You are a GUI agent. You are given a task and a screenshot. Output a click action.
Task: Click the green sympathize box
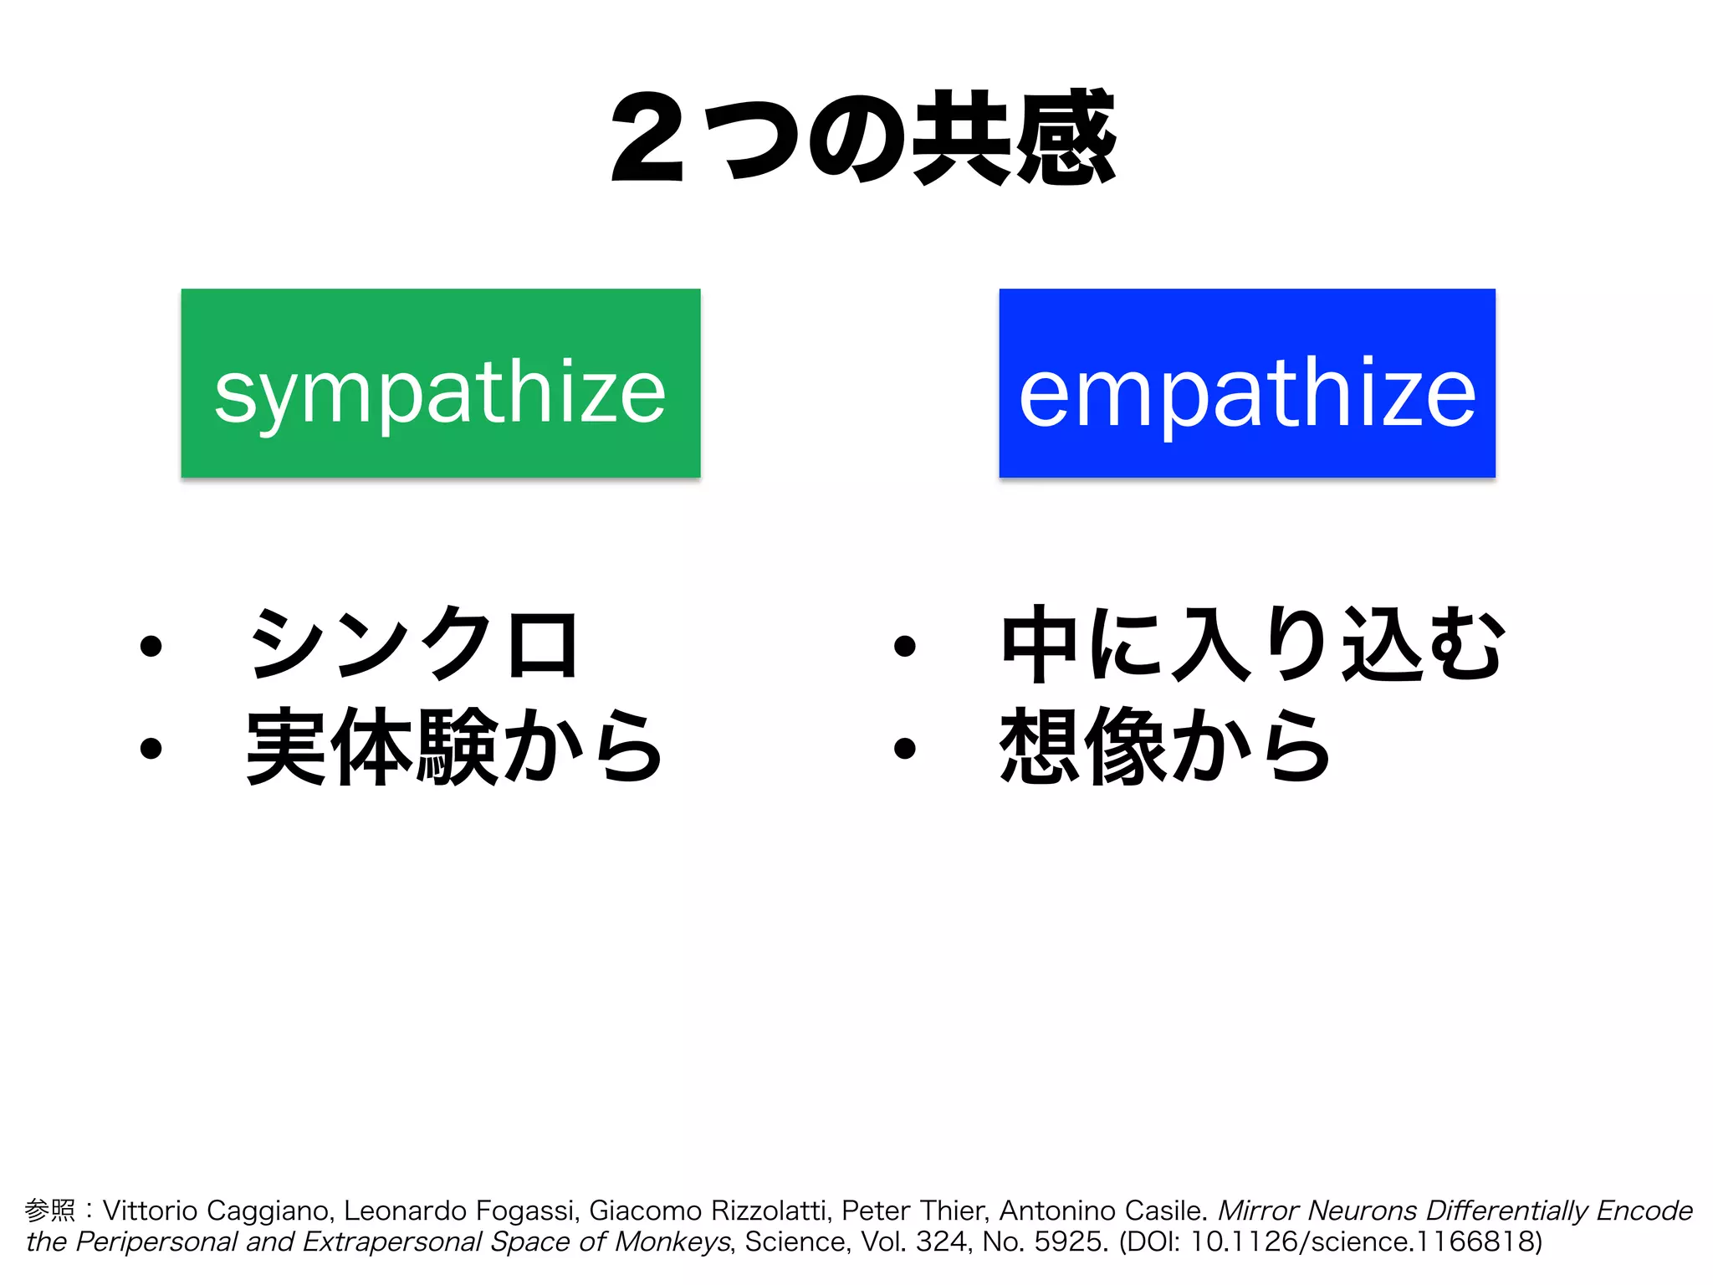(440, 383)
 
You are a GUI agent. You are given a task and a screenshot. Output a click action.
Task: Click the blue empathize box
(1246, 383)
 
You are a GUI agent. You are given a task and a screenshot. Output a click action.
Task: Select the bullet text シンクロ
(413, 645)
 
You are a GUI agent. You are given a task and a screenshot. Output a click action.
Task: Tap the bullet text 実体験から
(454, 746)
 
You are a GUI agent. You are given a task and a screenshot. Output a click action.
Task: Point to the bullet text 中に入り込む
(1252, 645)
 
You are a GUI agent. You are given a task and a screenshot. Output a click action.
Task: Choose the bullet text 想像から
(1164, 746)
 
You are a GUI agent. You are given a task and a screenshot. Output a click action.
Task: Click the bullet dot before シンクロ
(151, 647)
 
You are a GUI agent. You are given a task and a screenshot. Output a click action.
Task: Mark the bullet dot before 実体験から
(151, 748)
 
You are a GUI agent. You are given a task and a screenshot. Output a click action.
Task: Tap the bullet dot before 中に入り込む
(904, 647)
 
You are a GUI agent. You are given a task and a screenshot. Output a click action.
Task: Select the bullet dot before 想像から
(904, 748)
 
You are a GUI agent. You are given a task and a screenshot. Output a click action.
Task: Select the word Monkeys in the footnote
(672, 1242)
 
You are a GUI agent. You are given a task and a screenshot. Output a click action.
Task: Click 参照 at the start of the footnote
(50, 1211)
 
